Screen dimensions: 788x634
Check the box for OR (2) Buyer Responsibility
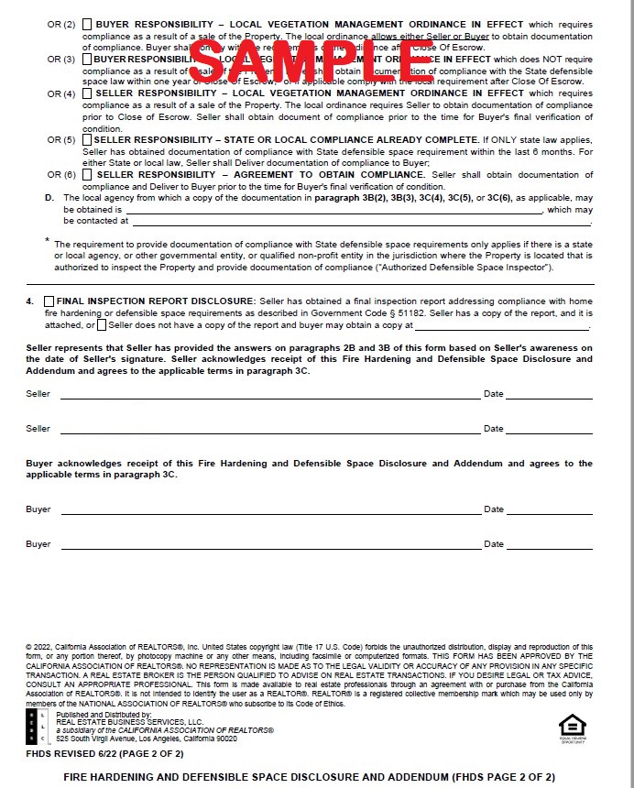[87, 24]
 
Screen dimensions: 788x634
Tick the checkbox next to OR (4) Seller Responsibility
[87, 94]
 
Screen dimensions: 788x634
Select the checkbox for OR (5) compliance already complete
[87, 140]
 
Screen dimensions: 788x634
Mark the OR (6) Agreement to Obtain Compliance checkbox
[87, 175]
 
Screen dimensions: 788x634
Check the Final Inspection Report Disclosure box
[49, 301]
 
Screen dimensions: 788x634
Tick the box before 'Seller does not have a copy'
[101, 325]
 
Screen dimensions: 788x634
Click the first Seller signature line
[270, 398]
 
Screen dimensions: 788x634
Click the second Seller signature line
[270, 432]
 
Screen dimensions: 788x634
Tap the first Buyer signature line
[270, 513]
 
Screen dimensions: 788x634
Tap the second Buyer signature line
[270, 548]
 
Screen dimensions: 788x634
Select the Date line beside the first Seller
[548, 398]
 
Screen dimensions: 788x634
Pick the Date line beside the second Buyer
[548, 548]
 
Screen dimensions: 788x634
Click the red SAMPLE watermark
[312, 60]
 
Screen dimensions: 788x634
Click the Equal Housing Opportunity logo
[572, 726]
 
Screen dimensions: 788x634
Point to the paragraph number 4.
[29, 301]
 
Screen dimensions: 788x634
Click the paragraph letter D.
[49, 198]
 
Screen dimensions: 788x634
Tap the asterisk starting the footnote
[48, 241]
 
